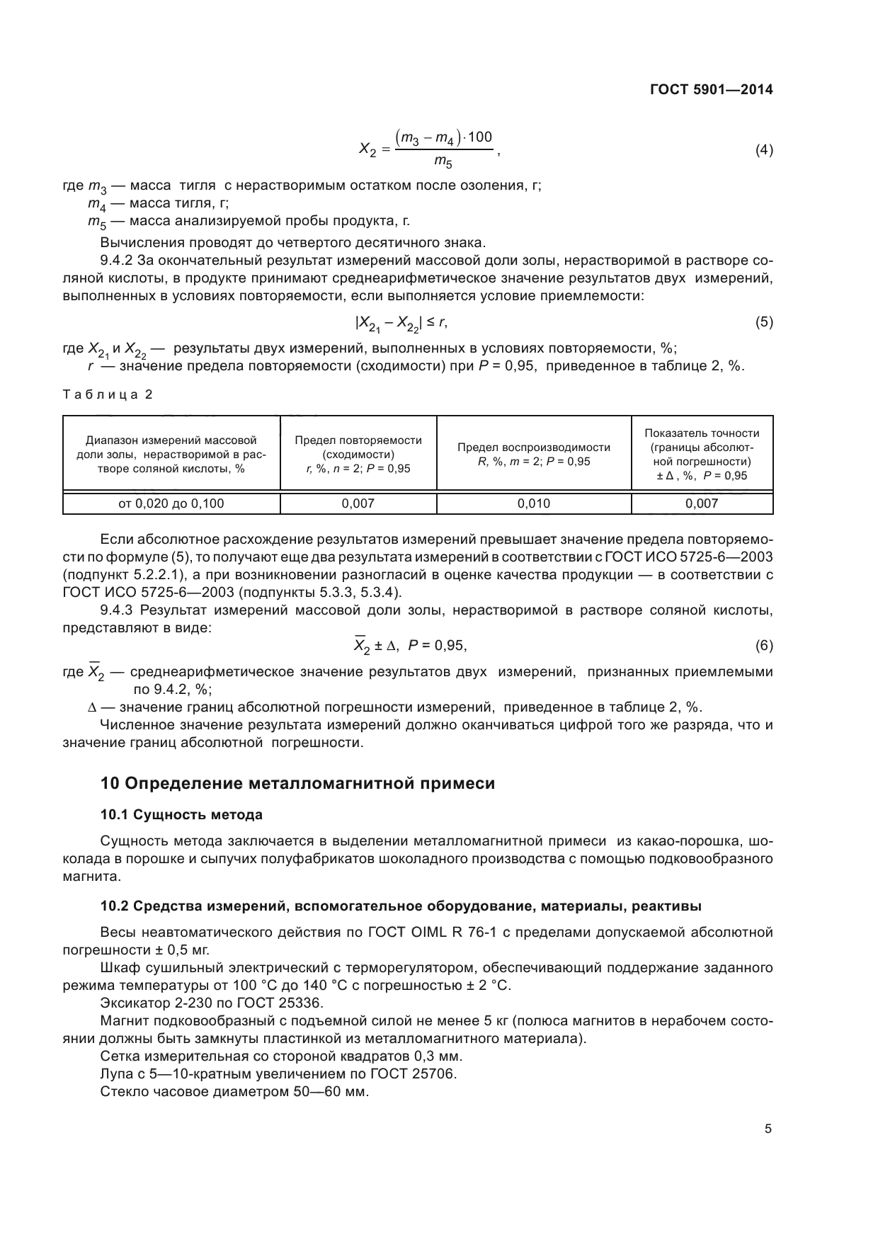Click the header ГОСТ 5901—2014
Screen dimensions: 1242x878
click(x=710, y=90)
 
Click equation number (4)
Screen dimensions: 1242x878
click(x=763, y=150)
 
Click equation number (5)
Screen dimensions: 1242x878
click(x=763, y=323)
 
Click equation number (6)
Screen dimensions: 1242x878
click(x=763, y=645)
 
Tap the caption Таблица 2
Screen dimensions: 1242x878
click(x=108, y=394)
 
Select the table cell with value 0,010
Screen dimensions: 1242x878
click(x=533, y=503)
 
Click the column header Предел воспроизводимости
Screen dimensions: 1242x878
click(x=533, y=448)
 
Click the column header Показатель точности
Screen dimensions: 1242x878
click(x=701, y=433)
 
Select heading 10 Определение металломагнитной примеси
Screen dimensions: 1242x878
click(x=297, y=783)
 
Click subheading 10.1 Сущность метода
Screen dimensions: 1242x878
click(x=181, y=815)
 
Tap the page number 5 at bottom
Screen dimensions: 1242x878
click(x=768, y=1129)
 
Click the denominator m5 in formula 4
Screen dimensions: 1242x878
click(x=443, y=163)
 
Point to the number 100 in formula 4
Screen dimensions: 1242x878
click(x=479, y=137)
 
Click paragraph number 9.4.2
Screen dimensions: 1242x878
click(x=118, y=260)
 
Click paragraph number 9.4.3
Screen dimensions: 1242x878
click(x=118, y=610)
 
